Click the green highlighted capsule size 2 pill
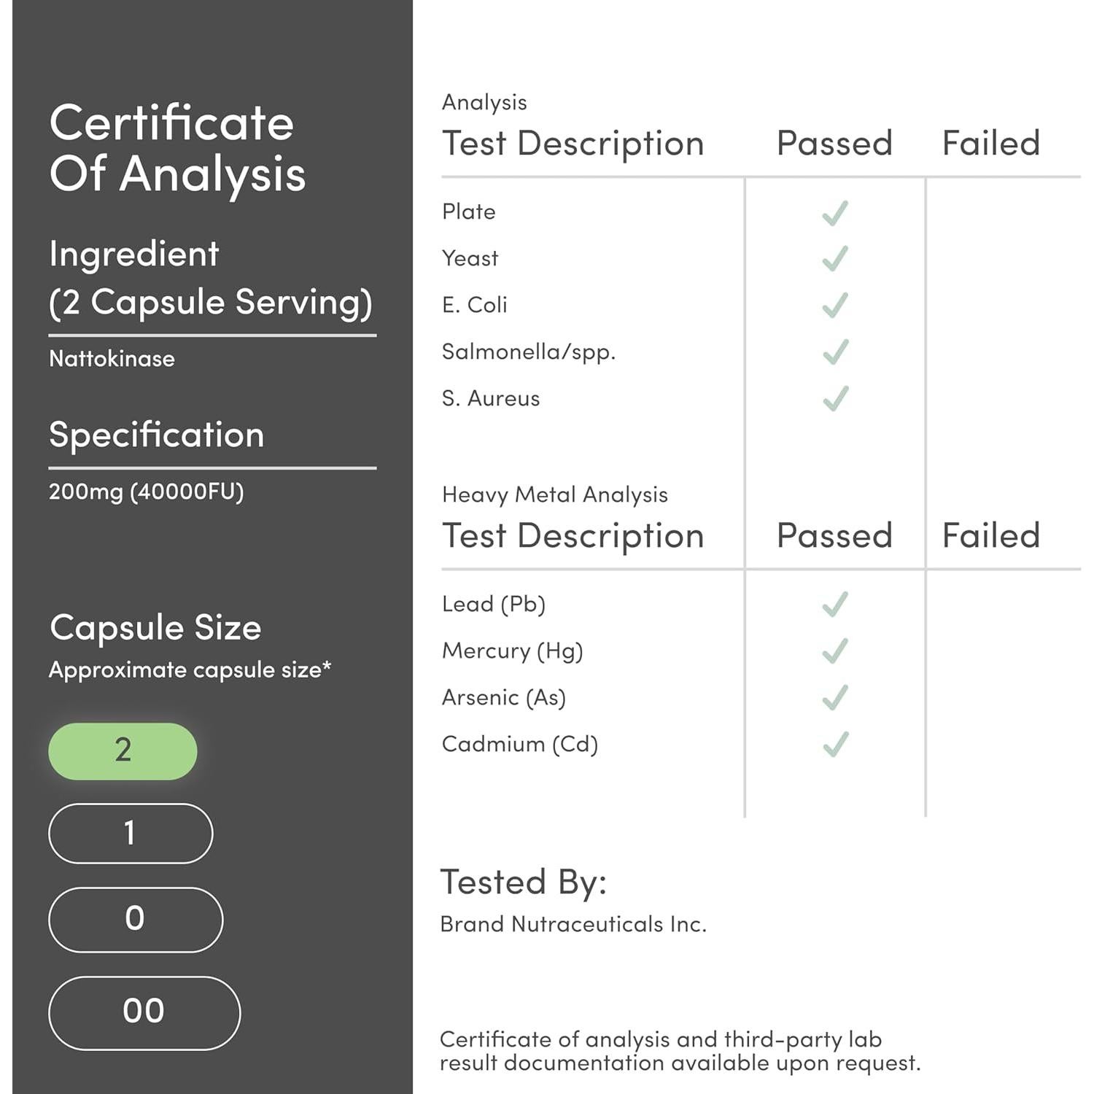coord(123,750)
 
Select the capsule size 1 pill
coord(131,833)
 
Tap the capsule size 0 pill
coord(136,919)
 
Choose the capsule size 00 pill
coord(144,1012)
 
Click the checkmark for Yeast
coord(835,258)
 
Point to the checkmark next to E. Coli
coord(835,305)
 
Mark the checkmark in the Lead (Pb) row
coord(835,604)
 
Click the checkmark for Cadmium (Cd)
coord(835,744)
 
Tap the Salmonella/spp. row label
coord(529,352)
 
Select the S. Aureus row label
coord(491,399)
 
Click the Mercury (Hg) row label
coord(512,651)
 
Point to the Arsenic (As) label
coord(504,697)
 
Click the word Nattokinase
coord(112,359)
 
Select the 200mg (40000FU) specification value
coord(146,492)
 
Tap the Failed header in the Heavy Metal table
coord(990,535)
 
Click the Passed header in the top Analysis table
coord(834,143)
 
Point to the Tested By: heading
coord(523,882)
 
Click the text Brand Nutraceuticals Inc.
coord(573,924)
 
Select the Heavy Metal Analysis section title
coord(554,494)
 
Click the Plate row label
coord(469,212)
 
